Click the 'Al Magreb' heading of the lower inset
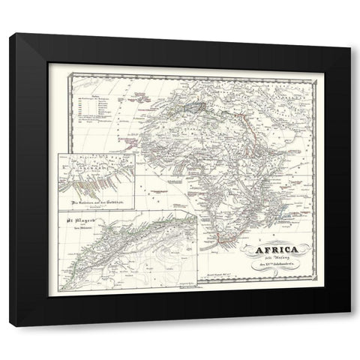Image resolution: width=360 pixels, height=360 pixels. coord(79,221)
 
